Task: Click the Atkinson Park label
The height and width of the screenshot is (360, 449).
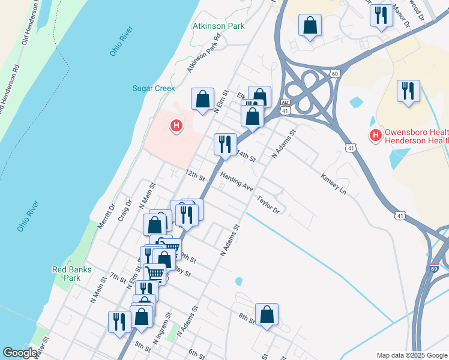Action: click(218, 26)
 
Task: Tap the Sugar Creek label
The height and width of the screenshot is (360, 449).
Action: click(154, 88)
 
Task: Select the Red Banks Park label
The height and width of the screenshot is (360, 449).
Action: click(71, 274)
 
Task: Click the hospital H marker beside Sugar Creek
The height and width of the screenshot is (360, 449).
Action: click(176, 126)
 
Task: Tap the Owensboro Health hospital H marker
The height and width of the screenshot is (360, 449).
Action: click(376, 134)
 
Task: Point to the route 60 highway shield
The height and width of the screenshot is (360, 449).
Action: click(334, 73)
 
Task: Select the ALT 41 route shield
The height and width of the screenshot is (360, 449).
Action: click(286, 107)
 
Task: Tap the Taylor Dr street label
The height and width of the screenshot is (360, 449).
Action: click(268, 205)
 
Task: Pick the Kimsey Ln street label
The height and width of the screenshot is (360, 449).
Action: click(334, 184)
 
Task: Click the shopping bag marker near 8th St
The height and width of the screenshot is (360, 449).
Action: click(267, 314)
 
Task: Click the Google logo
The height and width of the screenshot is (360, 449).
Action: click(20, 353)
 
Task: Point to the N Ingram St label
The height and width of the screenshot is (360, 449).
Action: click(162, 327)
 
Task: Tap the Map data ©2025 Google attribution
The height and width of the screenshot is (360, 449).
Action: click(412, 355)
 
